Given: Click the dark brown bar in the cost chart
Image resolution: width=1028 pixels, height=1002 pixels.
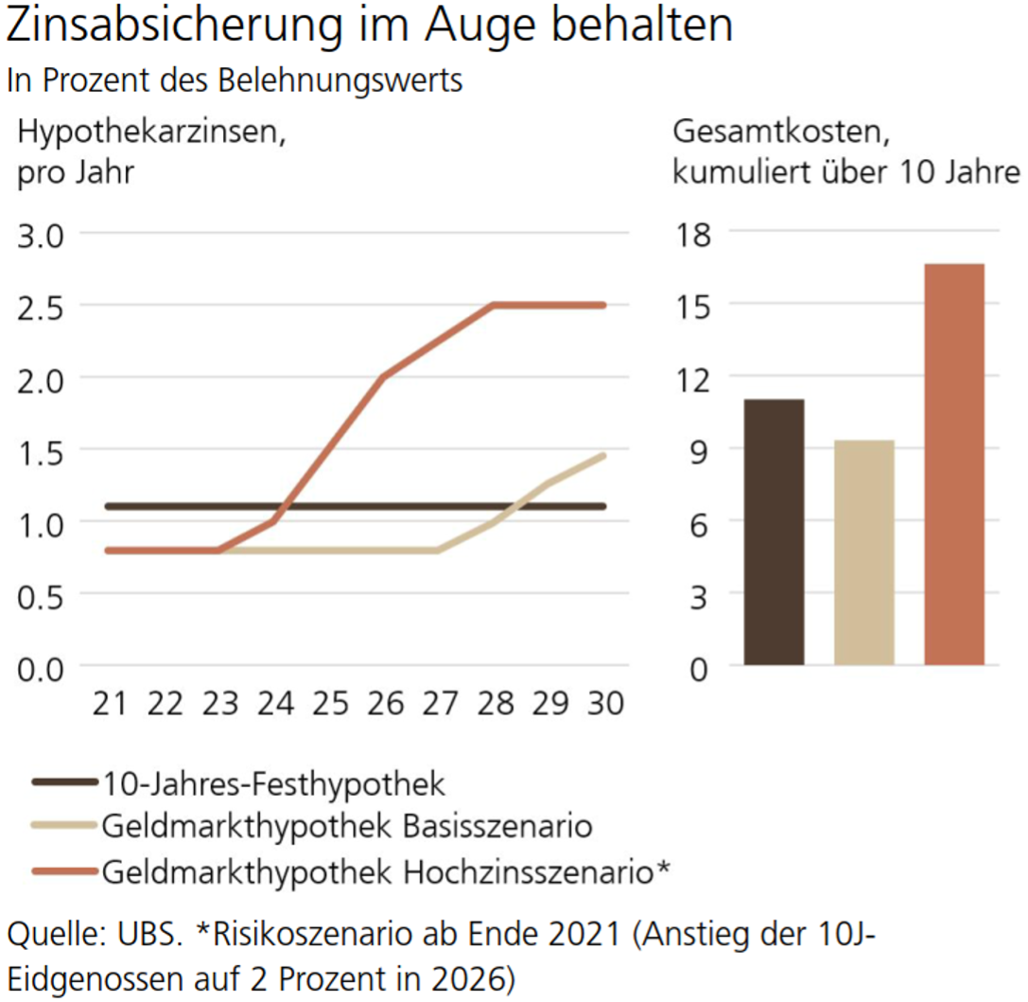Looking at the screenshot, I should [774, 532].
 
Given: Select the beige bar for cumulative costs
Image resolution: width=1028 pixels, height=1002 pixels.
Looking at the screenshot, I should [863, 553].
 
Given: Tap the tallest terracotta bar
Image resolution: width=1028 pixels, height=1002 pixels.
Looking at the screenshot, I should [953, 464].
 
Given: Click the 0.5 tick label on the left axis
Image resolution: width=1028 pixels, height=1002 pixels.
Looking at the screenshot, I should [41, 595].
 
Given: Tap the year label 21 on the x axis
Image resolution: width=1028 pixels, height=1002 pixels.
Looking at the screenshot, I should [111, 704].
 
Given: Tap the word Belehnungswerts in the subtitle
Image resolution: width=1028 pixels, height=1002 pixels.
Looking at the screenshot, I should [340, 80].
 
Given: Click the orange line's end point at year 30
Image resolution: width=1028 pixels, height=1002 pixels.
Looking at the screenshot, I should [602, 306].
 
